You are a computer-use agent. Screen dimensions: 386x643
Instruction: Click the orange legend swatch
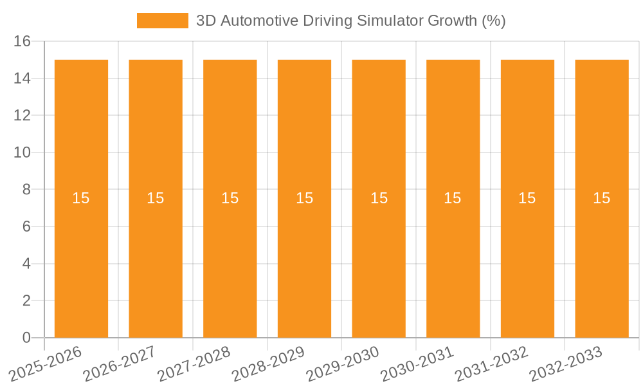tap(162, 21)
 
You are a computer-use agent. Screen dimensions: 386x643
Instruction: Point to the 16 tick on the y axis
tap(23, 42)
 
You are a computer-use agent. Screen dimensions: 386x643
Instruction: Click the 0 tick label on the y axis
tap(26, 338)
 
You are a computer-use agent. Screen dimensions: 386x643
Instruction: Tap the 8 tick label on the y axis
tap(26, 190)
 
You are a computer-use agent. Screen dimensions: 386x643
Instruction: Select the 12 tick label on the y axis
tap(23, 116)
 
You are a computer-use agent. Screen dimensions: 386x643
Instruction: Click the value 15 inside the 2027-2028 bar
tap(230, 198)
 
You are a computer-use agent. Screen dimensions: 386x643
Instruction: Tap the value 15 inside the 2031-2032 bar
tap(527, 198)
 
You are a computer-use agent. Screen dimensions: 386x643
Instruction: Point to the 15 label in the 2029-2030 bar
tap(379, 198)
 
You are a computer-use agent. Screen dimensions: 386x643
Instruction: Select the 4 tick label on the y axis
tap(26, 264)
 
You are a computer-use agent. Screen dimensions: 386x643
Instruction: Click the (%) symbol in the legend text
tap(494, 21)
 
